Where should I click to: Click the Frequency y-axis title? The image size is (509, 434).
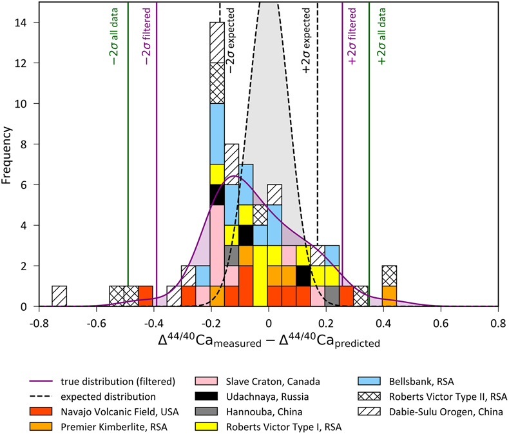point(6,155)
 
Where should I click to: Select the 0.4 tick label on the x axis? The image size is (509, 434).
point(383,324)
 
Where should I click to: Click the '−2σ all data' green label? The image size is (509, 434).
point(114,36)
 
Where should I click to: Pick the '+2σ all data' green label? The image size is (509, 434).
point(382,36)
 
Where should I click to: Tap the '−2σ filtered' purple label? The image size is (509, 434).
point(147,36)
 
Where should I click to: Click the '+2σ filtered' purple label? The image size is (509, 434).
point(352,36)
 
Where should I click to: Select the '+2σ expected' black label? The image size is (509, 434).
point(306,41)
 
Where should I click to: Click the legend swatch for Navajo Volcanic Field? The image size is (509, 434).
point(41,411)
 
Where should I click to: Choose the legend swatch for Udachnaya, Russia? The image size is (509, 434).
point(206,397)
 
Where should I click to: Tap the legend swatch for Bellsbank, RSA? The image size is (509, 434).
point(369,381)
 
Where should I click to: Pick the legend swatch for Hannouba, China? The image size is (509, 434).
point(206,411)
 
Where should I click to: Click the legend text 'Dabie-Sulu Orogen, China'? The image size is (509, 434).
point(446,412)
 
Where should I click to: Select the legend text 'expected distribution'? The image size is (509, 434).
point(108,397)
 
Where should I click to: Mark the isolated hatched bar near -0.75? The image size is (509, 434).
point(59,296)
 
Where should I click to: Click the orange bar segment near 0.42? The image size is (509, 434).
point(389,296)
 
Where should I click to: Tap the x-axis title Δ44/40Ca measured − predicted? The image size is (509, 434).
point(269,340)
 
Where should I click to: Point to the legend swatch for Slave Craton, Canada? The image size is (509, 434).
point(206,381)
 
